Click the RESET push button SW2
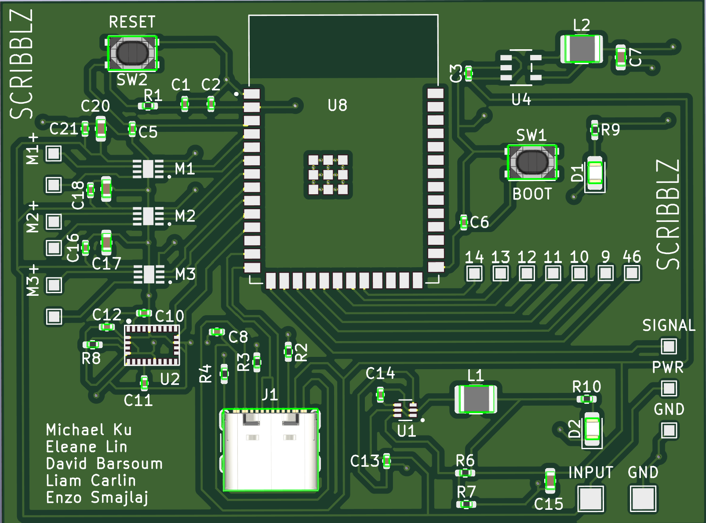132,53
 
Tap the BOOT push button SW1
532,162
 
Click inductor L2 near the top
581,49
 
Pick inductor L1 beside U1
476,399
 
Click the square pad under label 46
632,273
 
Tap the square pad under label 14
474,273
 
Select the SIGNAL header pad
669,346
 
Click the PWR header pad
669,388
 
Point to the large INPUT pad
591,498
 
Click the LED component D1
595,173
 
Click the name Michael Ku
89,430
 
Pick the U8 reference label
337,105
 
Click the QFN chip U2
152,345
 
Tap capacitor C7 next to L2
620,57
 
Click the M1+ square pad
54,154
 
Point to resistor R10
586,399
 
